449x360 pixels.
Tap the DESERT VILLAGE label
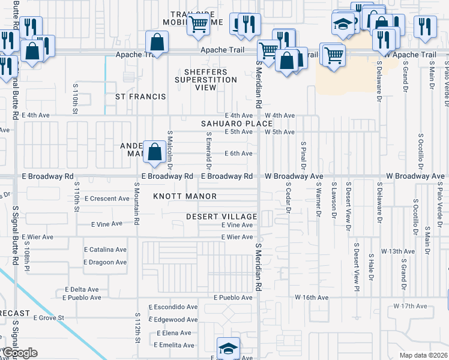click(x=221, y=216)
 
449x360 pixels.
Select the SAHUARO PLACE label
click(x=237, y=124)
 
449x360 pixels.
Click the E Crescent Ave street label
click(x=107, y=199)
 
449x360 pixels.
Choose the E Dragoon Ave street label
click(x=104, y=262)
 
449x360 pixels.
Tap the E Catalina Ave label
click(x=104, y=250)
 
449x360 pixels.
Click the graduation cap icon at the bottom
click(x=228, y=348)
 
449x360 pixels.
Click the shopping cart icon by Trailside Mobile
click(x=197, y=25)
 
